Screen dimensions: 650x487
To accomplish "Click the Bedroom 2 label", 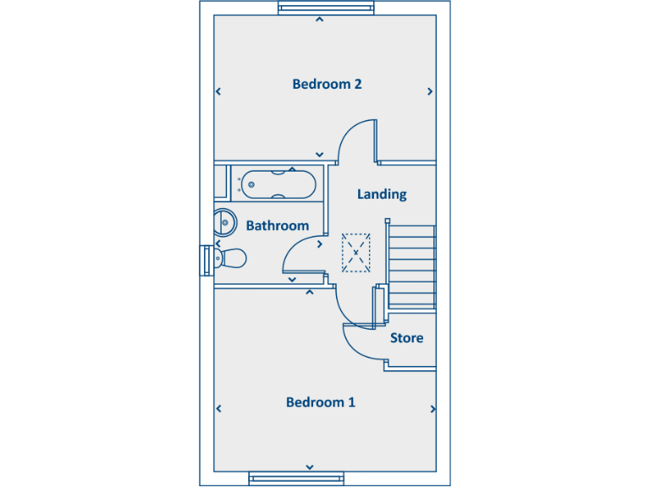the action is [x=327, y=84].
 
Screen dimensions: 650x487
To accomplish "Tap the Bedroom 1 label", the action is [x=320, y=402].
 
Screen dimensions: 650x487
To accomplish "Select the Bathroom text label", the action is [x=277, y=226].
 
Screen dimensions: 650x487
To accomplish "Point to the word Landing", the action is [x=382, y=194].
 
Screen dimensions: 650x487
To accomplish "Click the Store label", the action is [x=406, y=338].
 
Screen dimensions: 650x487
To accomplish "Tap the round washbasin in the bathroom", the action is [x=224, y=222].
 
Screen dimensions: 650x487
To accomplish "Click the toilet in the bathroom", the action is [x=229, y=258].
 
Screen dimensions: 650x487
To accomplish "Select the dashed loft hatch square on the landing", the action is [x=356, y=252].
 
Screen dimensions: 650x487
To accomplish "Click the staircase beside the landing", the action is [x=412, y=265].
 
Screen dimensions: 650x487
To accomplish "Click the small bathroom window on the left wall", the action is [x=206, y=259].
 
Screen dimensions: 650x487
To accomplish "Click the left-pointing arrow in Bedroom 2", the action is [x=218, y=91].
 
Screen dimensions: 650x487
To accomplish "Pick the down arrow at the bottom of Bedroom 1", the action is [x=310, y=467].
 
